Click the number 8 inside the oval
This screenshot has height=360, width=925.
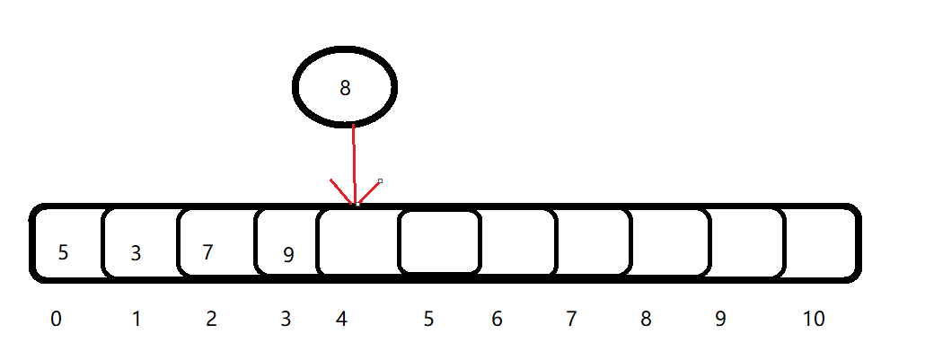click(345, 88)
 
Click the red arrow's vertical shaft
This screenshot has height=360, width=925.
click(354, 164)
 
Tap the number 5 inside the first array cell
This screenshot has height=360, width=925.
click(63, 252)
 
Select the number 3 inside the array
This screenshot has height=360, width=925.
click(136, 253)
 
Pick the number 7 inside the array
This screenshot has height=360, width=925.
click(207, 252)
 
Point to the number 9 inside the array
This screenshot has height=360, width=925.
click(288, 255)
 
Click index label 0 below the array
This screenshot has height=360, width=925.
click(56, 320)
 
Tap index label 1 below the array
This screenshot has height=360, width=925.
click(137, 320)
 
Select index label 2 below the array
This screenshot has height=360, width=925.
click(211, 320)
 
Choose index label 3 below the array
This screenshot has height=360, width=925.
click(286, 320)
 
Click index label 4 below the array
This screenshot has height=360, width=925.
click(341, 320)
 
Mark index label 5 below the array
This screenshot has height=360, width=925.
click(428, 320)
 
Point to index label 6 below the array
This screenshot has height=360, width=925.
click(497, 320)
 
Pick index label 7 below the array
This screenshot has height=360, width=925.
click(570, 320)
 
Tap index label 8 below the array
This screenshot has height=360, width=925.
click(646, 320)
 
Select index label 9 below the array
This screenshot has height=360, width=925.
click(720, 320)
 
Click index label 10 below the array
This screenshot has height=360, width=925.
click(814, 320)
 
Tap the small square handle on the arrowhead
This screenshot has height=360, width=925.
click(380, 180)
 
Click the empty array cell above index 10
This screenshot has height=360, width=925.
click(819, 243)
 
